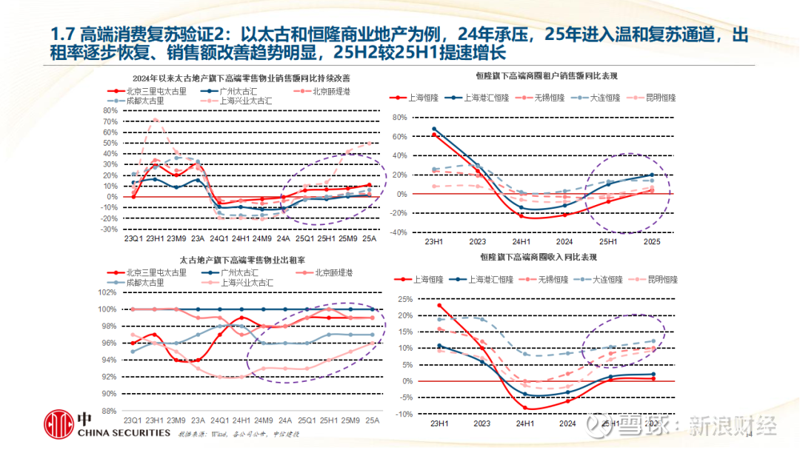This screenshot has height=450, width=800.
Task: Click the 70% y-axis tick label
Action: coord(110,121)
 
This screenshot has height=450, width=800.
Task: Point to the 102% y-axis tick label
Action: coord(108,292)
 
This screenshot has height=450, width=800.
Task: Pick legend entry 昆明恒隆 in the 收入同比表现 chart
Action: coord(662,280)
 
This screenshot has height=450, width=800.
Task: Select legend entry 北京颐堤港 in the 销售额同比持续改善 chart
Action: coord(330,91)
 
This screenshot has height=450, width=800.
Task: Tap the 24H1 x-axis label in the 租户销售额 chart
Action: coord(522,241)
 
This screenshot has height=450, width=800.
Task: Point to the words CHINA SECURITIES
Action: coord(124,432)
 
